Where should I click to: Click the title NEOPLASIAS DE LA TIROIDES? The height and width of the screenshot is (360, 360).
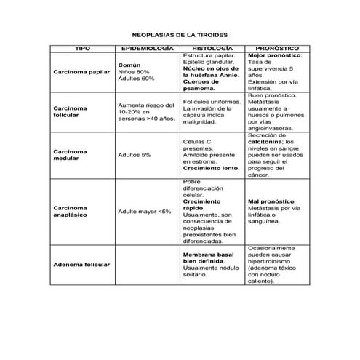point(180,34)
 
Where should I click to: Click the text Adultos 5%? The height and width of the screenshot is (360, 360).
point(135,155)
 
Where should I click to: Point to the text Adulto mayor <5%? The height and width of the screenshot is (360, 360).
point(145,212)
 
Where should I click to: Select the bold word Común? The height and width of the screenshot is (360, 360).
point(129,65)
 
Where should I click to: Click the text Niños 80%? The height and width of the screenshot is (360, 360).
point(134,72)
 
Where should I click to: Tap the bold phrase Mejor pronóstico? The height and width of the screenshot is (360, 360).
point(275,55)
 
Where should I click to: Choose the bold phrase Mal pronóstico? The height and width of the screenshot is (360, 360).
point(271,201)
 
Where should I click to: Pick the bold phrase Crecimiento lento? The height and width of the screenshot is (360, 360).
point(211,168)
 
